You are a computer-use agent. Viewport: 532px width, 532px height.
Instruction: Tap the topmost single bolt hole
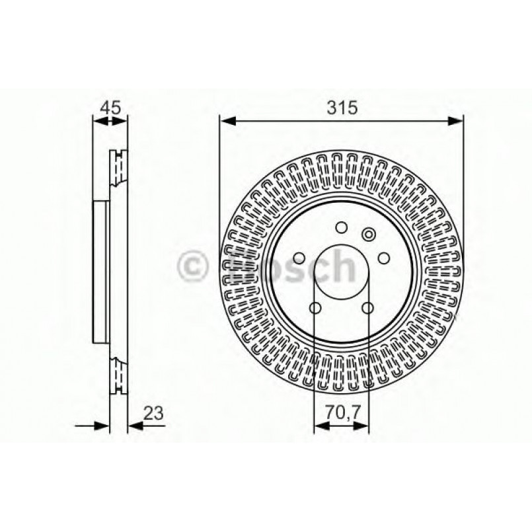pyautogui.click(x=341, y=228)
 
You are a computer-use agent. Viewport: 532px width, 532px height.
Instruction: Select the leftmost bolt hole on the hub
pyautogui.click(x=299, y=258)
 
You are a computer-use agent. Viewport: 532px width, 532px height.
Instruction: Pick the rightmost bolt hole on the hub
pyautogui.click(x=384, y=258)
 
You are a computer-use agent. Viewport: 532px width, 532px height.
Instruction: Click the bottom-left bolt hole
pyautogui.click(x=315, y=308)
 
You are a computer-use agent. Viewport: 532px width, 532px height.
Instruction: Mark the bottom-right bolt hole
pyautogui.click(x=367, y=308)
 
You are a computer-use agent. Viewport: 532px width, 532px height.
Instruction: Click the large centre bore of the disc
pyautogui.click(x=341, y=274)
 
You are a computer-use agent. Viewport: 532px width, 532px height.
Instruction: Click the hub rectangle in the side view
pyautogui.click(x=100, y=271)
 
